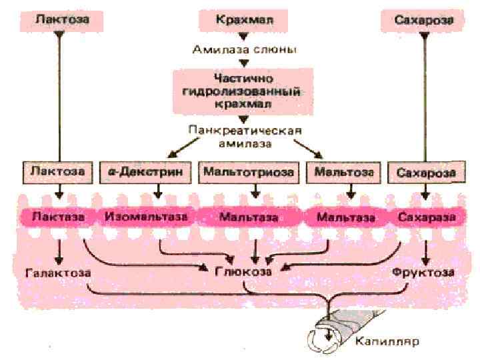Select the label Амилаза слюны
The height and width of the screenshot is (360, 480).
244,49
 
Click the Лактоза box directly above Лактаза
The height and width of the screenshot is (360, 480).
57,172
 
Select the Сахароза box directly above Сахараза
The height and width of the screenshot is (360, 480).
426,173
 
